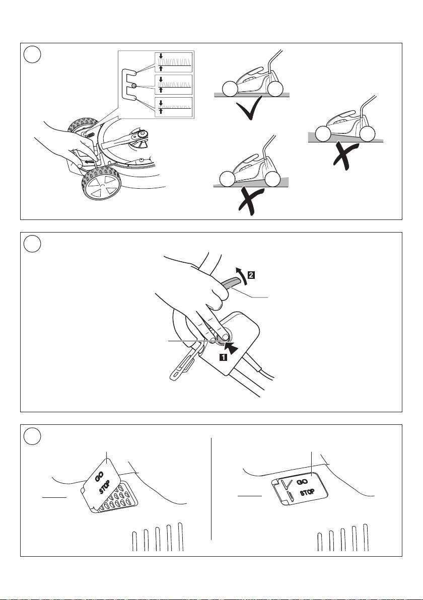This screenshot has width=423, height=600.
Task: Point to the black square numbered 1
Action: [x=223, y=357]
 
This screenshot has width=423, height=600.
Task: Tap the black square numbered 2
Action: [x=251, y=274]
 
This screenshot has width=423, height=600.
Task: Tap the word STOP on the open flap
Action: [x=105, y=488]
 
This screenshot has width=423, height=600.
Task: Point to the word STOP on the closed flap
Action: [x=307, y=492]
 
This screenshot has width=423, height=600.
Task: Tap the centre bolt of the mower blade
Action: [x=143, y=134]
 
